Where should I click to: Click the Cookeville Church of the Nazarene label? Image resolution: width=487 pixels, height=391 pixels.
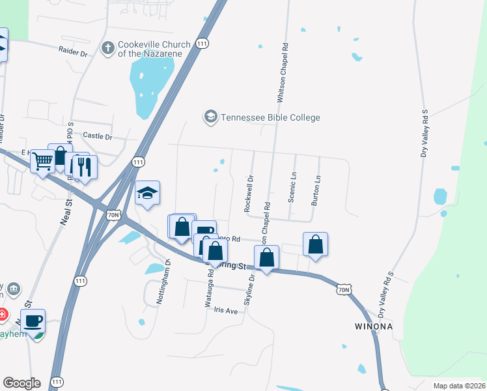tap(154, 49)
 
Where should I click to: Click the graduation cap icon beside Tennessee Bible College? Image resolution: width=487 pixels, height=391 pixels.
tap(210, 117)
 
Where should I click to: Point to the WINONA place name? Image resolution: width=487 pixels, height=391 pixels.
tap(373, 326)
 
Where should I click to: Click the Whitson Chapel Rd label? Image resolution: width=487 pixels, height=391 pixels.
tap(282, 73)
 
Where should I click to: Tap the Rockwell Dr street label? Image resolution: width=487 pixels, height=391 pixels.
tap(248, 193)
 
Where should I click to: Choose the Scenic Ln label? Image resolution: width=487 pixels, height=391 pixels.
tap(293, 188)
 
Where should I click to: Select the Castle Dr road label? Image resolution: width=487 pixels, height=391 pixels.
tap(98, 137)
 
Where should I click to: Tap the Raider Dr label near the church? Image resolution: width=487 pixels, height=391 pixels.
tap(73, 50)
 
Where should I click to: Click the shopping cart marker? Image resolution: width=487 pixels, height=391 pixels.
tap(43, 160)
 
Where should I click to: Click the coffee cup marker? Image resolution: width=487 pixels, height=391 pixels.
tap(33, 320)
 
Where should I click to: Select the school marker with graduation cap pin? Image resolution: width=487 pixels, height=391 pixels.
tap(147, 193)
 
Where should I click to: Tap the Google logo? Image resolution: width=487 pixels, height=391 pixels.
tap(21, 383)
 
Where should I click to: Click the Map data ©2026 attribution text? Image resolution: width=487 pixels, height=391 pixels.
tap(459, 386)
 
